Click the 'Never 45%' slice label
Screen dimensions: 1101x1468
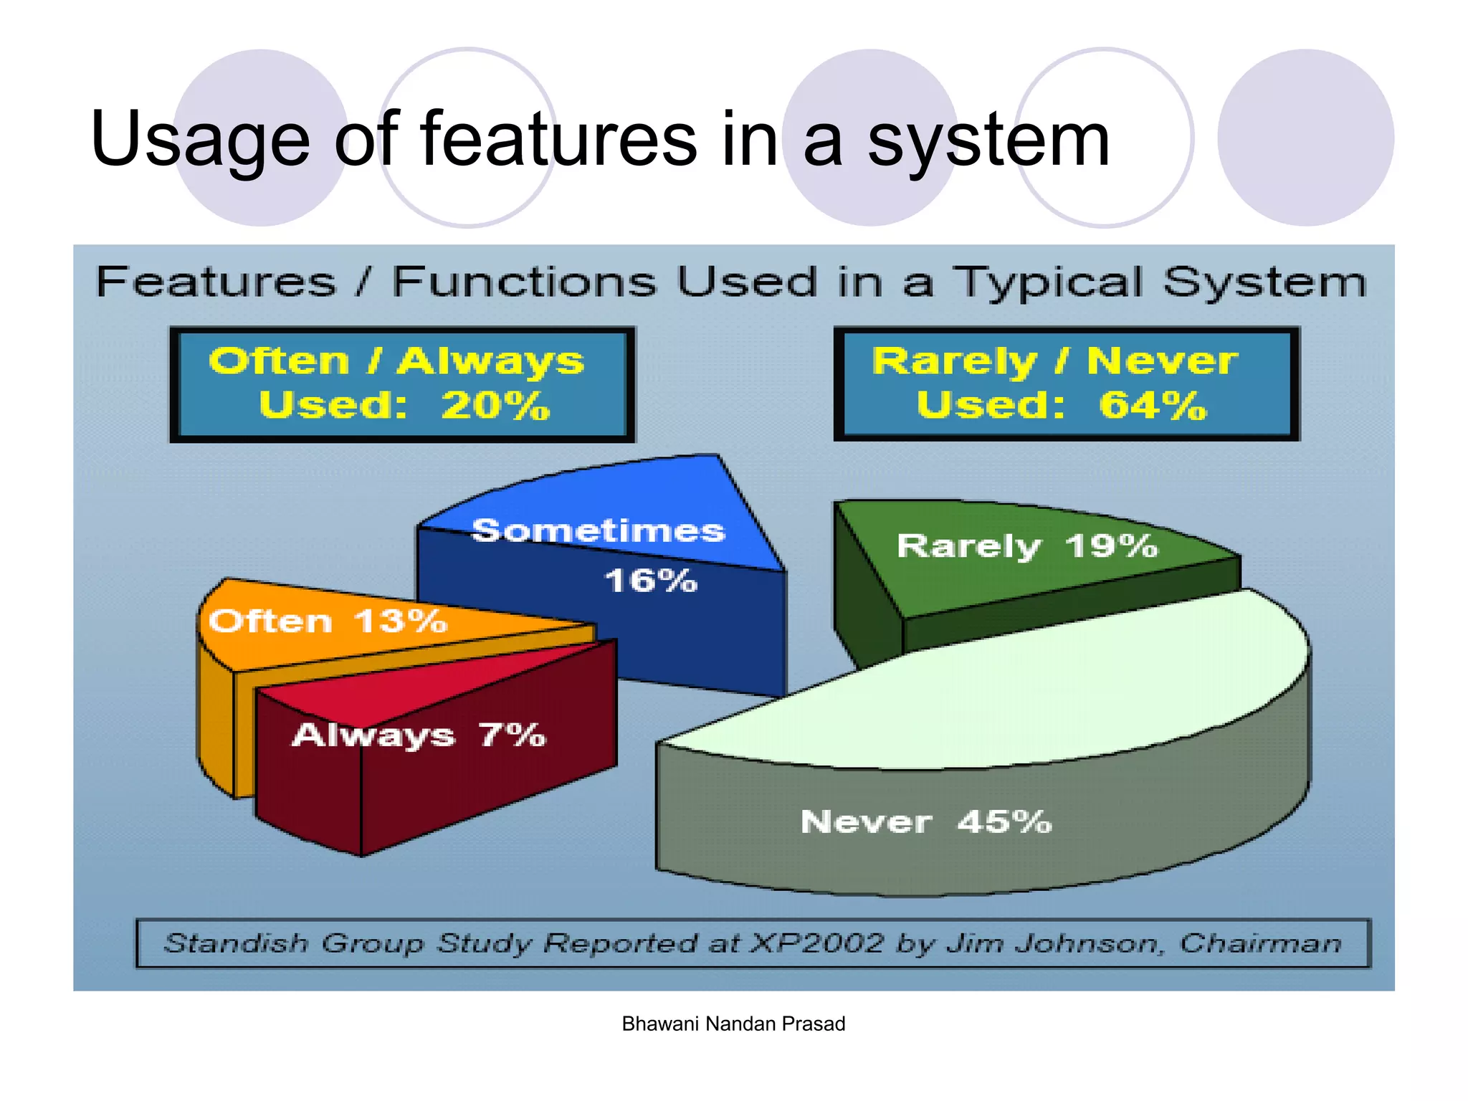[x=925, y=821]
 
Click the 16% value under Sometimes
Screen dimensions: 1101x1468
[x=650, y=581]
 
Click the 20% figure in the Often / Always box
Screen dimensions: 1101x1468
[x=495, y=406]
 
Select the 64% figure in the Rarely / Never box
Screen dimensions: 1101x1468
[x=1153, y=406]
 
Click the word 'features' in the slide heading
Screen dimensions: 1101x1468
[x=558, y=139]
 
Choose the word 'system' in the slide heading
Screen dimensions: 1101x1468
[x=988, y=140]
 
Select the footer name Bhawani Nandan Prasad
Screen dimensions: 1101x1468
[x=733, y=1024]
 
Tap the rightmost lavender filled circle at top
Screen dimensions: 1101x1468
[x=1305, y=138]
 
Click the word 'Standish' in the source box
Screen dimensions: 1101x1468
[x=237, y=943]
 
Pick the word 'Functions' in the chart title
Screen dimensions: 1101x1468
[x=523, y=282]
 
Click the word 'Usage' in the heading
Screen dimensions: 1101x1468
[x=200, y=140]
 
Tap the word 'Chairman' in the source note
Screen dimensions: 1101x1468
[x=1260, y=943]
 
